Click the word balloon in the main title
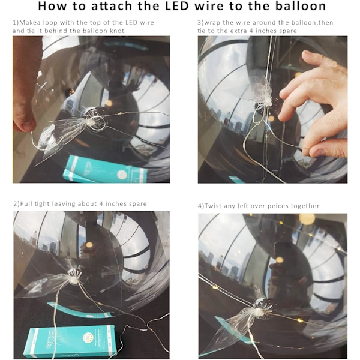tap(301, 6)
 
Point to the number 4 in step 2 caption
tap(101, 204)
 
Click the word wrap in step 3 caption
tap(212, 23)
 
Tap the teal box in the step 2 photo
tap(71, 341)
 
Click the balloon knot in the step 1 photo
tap(91, 122)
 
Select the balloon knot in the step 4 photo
tap(259, 310)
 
